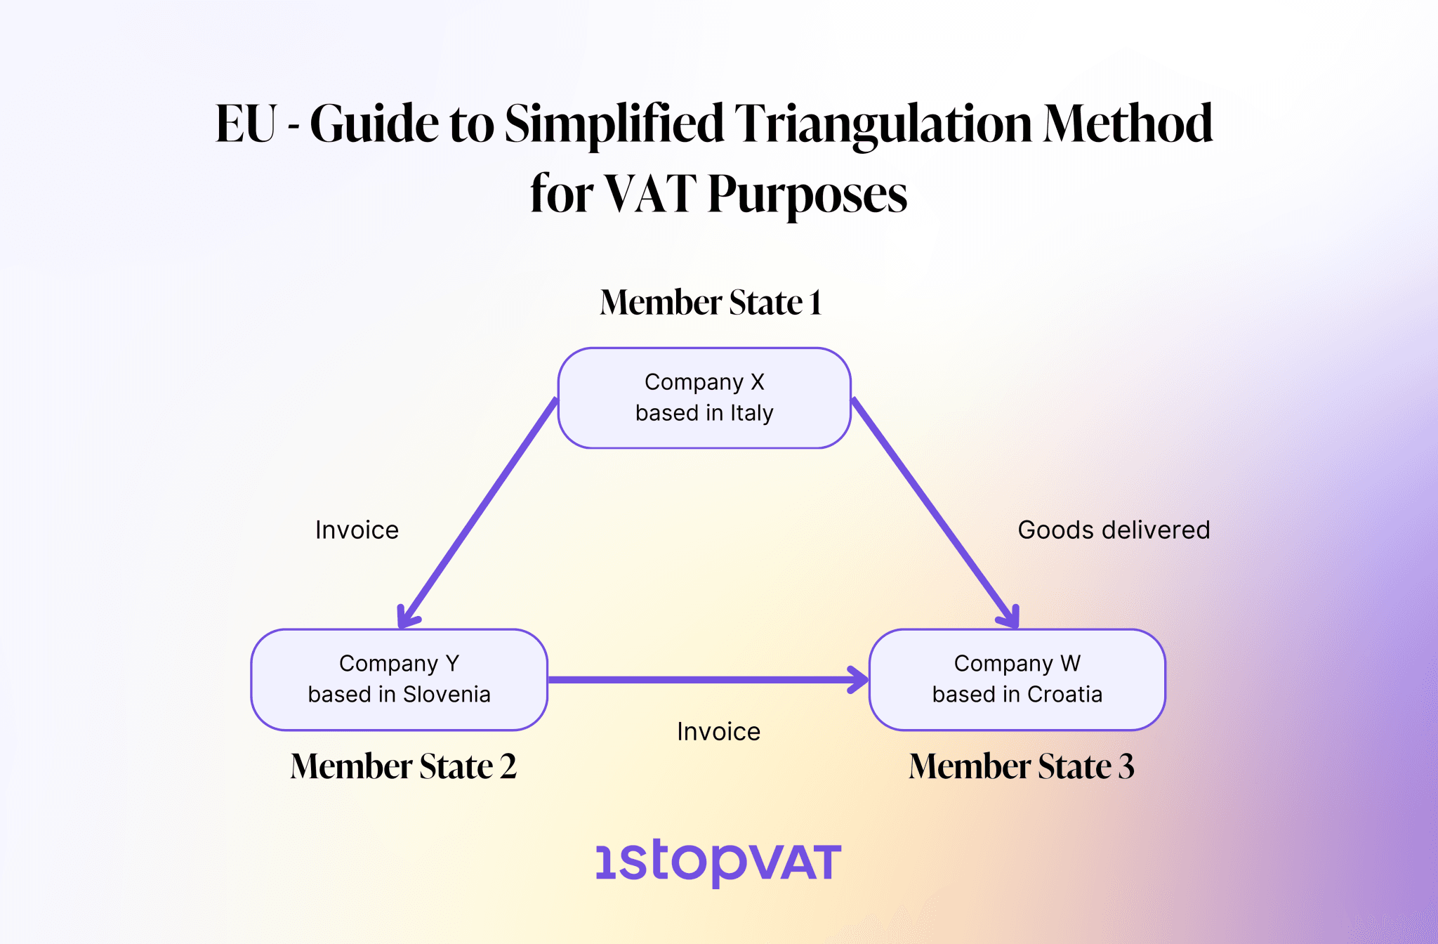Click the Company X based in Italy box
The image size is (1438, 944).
pyautogui.click(x=704, y=398)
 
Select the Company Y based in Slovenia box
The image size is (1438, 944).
pyautogui.click(x=399, y=679)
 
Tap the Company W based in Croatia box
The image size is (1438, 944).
pyautogui.click(x=1017, y=679)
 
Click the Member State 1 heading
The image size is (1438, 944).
pyautogui.click(x=710, y=303)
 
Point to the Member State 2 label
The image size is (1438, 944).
pyautogui.click(x=403, y=766)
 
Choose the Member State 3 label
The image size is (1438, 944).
pyautogui.click(x=1021, y=766)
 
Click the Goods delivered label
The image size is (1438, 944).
pyautogui.click(x=1114, y=530)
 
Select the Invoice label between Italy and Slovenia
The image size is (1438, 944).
pyautogui.click(x=357, y=530)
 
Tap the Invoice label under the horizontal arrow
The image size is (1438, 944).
pyautogui.click(x=718, y=732)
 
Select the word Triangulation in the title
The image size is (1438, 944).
pyautogui.click(x=883, y=124)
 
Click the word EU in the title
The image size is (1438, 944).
pyautogui.click(x=246, y=124)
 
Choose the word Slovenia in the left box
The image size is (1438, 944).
pyautogui.click(x=447, y=695)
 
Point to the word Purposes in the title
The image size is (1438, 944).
pyautogui.click(x=807, y=195)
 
